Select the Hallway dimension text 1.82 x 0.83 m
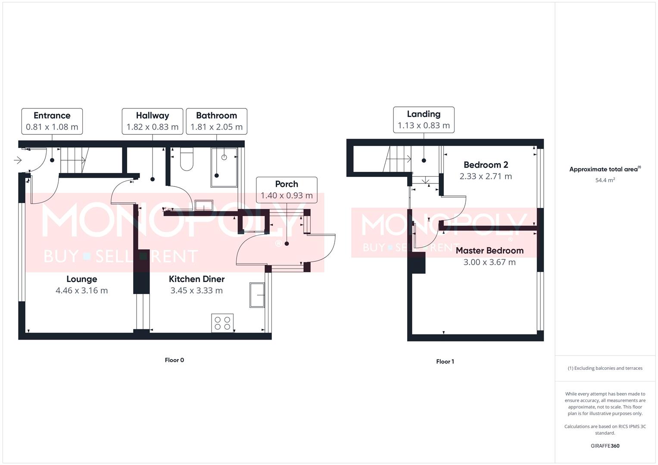152,127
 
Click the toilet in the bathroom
187,159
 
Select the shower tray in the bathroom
224,167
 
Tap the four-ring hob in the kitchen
223,323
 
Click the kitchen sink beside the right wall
257,295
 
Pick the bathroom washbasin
204,205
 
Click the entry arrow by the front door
18,161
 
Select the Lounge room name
81,279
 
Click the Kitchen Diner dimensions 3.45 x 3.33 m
196,291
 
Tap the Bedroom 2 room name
486,165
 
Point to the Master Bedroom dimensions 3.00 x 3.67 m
490,262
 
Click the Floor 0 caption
175,360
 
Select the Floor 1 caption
445,362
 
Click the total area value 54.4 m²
605,180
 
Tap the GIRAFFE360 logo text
605,446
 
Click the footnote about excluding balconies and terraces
605,368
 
